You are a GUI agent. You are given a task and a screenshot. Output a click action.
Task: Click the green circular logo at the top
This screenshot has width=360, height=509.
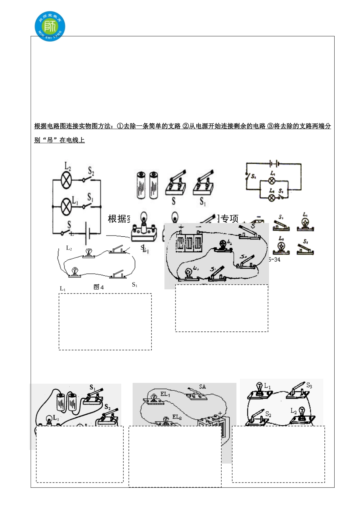point(50,26)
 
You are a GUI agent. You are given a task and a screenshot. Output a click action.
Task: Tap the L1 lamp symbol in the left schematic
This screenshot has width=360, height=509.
point(66,206)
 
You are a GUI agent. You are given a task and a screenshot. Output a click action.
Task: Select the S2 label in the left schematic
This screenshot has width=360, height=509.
point(91,171)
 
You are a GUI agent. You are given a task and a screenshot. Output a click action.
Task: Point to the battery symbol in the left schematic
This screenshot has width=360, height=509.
point(88,232)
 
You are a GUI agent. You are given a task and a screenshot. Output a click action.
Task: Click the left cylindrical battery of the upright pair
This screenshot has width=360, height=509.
point(141,185)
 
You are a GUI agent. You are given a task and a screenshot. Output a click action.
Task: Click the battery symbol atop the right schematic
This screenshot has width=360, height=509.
point(274,164)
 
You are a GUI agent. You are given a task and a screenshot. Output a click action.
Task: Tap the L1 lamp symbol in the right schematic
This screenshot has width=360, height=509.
point(272,181)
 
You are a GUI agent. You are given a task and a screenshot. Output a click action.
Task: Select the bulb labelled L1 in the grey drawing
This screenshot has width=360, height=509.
point(188,274)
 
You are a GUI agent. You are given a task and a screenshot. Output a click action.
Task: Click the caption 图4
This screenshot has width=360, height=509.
point(99,287)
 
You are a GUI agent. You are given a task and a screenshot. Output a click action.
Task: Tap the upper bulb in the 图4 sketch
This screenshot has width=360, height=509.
point(89,253)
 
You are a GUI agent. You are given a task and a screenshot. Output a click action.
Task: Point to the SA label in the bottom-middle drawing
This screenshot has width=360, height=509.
point(202,387)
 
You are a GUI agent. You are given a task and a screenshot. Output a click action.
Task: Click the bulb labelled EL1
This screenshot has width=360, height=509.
point(154,398)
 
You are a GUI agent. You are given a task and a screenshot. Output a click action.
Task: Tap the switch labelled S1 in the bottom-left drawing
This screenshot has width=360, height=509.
point(93,397)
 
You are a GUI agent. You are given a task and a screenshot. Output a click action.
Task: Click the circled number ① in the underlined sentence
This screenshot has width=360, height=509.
point(120,126)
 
